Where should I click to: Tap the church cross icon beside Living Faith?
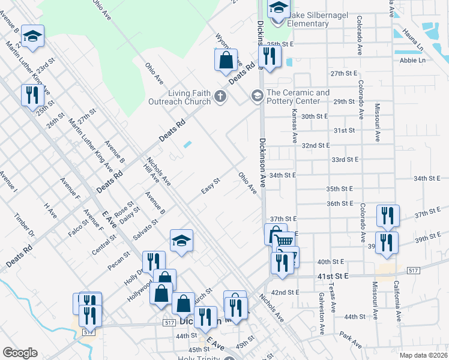(x=220, y=96)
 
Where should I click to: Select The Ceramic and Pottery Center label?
(x=298, y=97)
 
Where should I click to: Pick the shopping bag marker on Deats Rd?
(x=226, y=61)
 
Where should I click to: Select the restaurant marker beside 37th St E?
(x=387, y=215)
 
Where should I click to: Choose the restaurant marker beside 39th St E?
(x=387, y=242)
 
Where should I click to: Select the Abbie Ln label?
(x=412, y=60)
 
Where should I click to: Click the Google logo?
(x=20, y=353)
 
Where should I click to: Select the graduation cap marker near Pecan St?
(x=181, y=241)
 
